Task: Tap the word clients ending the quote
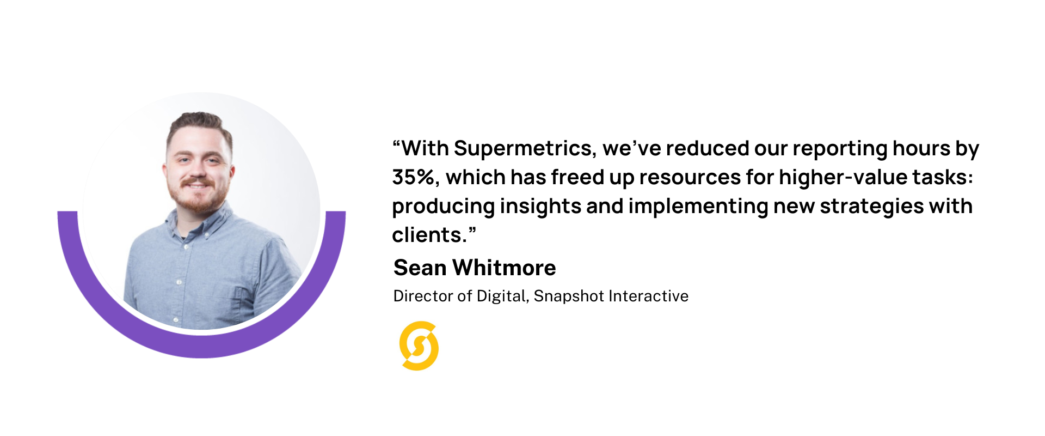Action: pos(427,235)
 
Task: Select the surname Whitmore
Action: pos(504,268)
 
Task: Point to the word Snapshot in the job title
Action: pos(569,296)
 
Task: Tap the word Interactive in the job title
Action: pos(648,296)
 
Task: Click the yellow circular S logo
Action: pos(419,346)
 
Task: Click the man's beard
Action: pos(199,199)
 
